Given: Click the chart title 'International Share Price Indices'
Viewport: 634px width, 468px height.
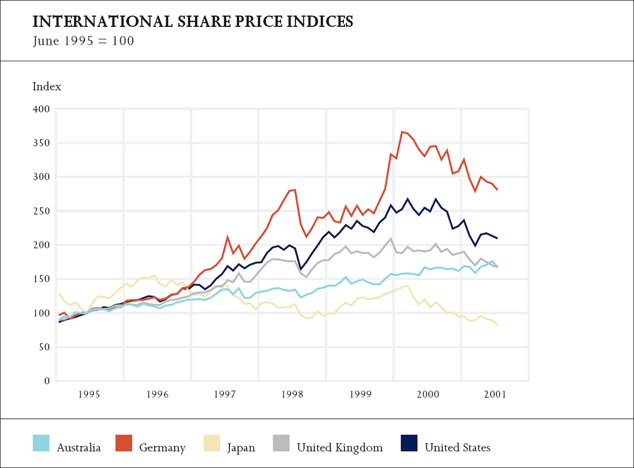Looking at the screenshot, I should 193,22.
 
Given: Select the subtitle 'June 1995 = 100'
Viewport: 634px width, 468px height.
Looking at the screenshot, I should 83,41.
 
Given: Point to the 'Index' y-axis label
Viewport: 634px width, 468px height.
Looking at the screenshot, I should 47,87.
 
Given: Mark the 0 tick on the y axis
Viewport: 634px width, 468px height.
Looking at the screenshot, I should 46,381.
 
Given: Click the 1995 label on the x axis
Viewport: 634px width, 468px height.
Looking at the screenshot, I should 90,394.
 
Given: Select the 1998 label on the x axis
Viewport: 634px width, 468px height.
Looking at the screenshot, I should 293,394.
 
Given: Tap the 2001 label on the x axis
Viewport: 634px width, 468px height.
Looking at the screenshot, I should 495,394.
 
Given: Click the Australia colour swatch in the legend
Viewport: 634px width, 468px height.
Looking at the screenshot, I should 41,443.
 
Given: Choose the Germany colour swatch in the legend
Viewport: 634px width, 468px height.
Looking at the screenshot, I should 123,443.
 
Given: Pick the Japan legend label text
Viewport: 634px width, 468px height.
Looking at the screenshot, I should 241,448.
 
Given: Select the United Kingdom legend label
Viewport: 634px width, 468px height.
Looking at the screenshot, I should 340,448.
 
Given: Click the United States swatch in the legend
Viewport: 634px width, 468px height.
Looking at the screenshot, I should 408,443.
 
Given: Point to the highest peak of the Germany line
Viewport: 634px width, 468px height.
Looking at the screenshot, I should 402,132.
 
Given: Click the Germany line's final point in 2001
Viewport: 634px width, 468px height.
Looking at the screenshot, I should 497,190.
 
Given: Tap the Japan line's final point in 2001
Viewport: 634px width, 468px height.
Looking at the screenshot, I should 497,325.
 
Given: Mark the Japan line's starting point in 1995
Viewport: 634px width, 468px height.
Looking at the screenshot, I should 59,294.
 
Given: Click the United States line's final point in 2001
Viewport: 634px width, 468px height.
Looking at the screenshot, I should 497,238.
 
